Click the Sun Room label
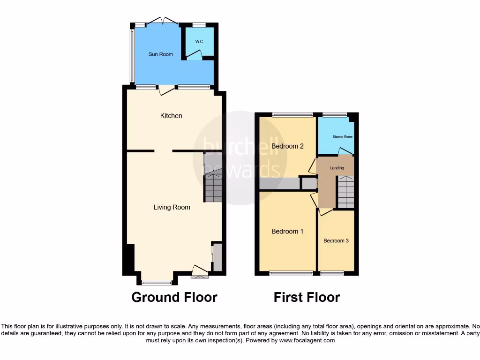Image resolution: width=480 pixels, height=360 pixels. (x=161, y=54)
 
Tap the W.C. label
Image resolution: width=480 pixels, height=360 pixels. (x=199, y=41)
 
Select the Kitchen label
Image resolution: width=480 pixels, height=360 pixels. (x=171, y=116)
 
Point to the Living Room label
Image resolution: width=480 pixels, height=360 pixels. (x=172, y=207)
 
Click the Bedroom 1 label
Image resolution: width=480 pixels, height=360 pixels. (x=287, y=231)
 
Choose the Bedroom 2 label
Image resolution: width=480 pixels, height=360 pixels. (x=287, y=146)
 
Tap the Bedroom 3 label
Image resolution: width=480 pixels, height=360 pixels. (x=336, y=241)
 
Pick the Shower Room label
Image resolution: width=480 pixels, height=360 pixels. (x=342, y=137)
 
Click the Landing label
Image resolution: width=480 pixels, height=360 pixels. (x=337, y=168)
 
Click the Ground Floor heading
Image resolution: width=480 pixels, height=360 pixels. (x=174, y=297)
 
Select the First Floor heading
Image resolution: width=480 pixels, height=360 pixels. (x=307, y=297)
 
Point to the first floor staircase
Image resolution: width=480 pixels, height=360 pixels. (x=346, y=192)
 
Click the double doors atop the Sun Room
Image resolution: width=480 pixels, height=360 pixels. (x=162, y=22)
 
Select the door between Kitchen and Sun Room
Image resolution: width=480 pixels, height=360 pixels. (x=165, y=90)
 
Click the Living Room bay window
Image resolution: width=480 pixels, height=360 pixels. (x=157, y=282)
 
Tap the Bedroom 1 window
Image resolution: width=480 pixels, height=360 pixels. (x=291, y=273)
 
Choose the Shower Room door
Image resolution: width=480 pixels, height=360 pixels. (x=346, y=151)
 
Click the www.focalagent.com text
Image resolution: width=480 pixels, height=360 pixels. (x=307, y=341)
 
